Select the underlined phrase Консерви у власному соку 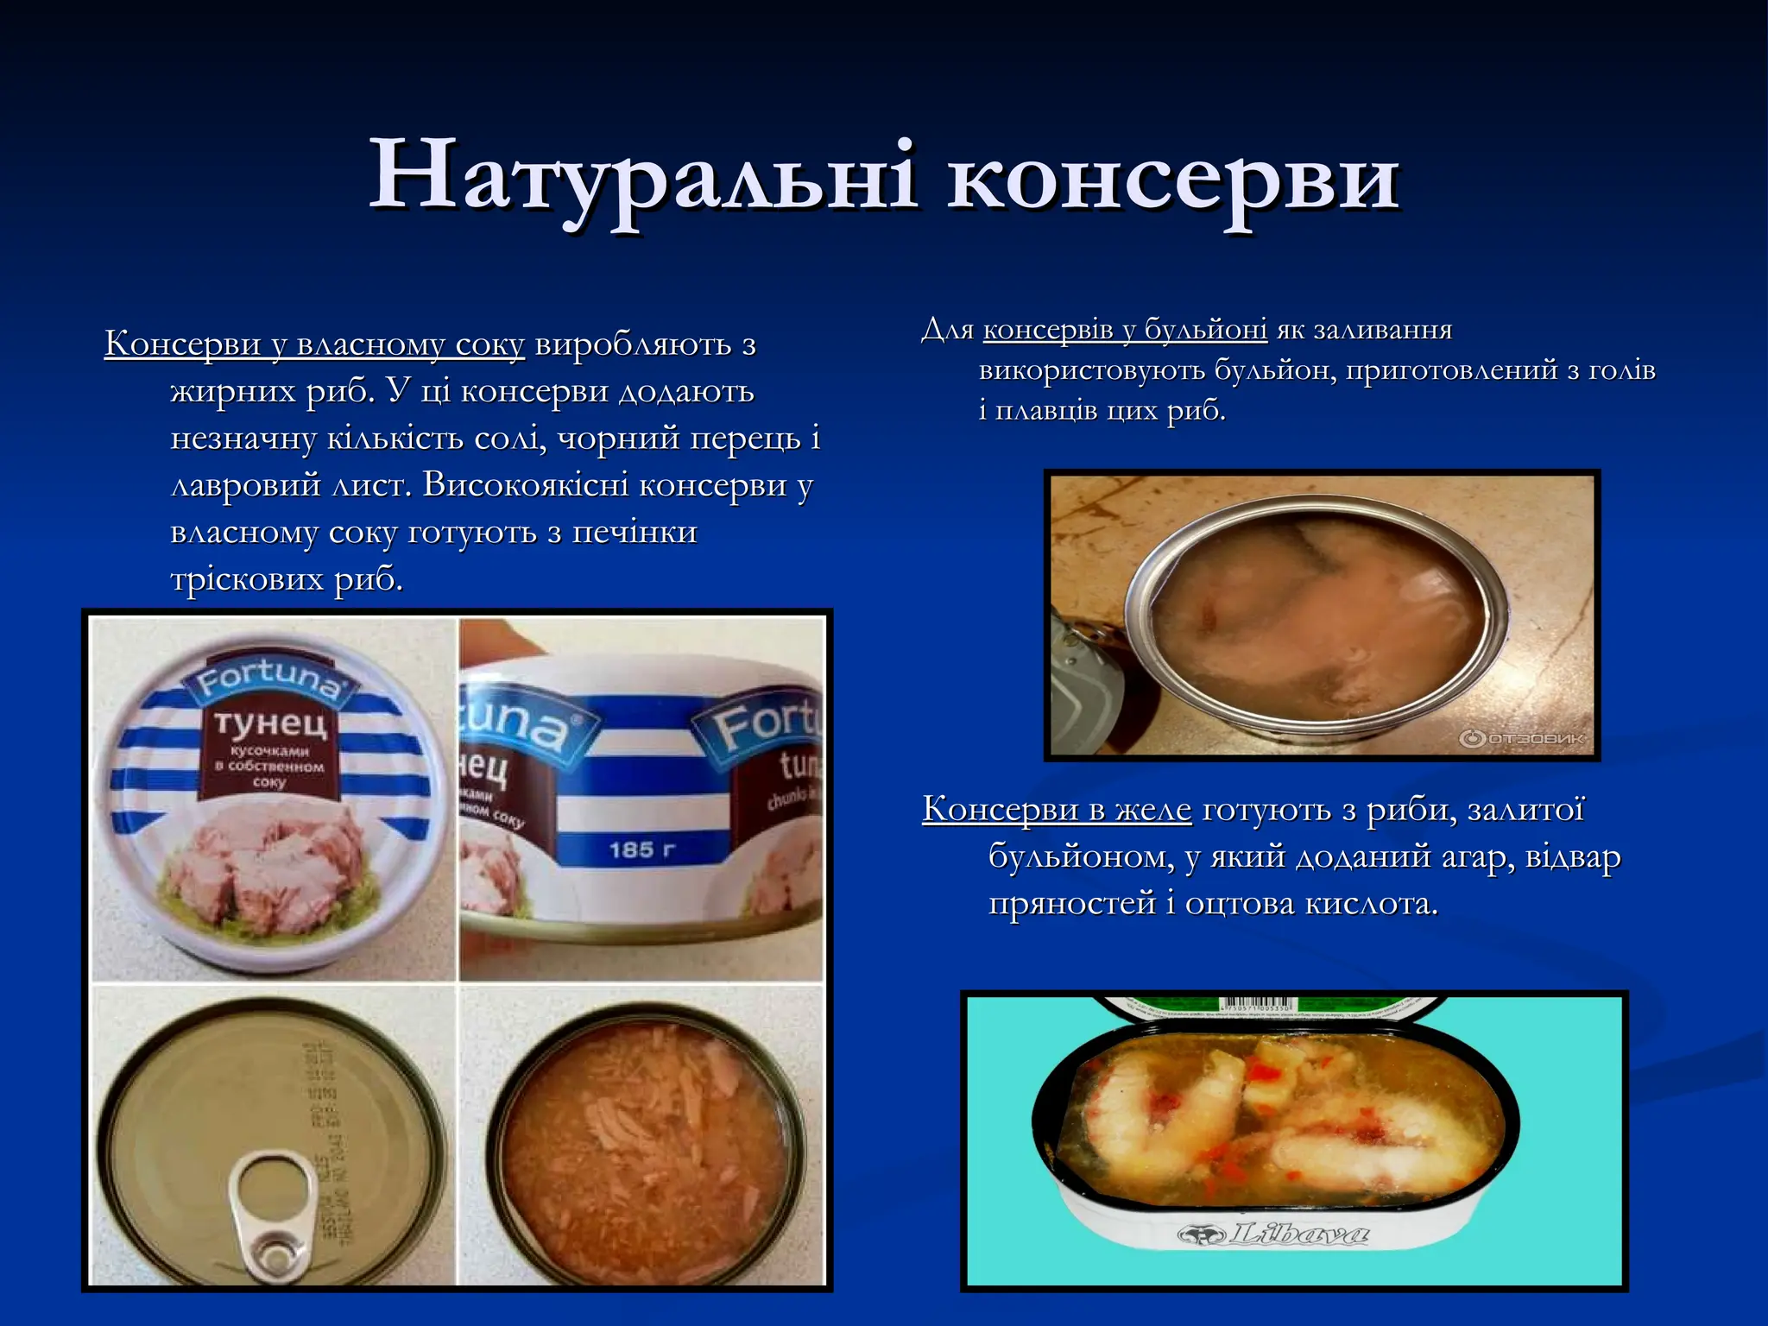click(x=314, y=344)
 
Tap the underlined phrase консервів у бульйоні click(x=1125, y=330)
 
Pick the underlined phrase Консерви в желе click(x=1057, y=810)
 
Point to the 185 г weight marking click(x=642, y=849)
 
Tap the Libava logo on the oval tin click(x=1273, y=1234)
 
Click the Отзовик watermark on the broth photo click(x=1521, y=739)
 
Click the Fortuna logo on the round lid click(x=267, y=678)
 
